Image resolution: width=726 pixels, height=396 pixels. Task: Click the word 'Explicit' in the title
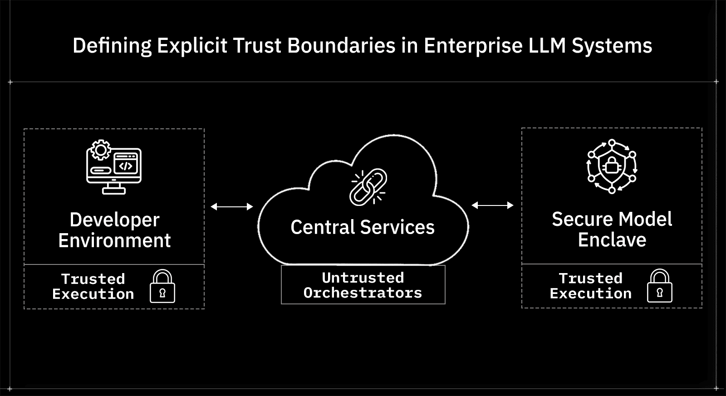pyautogui.click(x=192, y=46)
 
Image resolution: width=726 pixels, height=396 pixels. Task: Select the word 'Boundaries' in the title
pyautogui.click(x=341, y=46)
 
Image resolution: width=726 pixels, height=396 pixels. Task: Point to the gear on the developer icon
pyautogui.click(x=100, y=150)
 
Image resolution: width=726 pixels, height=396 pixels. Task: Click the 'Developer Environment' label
pyautogui.click(x=114, y=230)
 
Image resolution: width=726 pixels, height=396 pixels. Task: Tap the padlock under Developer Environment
pyautogui.click(x=162, y=286)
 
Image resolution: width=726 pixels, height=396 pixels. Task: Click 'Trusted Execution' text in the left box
pyautogui.click(x=93, y=286)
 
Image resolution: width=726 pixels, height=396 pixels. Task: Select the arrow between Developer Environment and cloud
pyautogui.click(x=231, y=206)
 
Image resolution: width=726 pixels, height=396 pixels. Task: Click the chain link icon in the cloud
pyautogui.click(x=368, y=186)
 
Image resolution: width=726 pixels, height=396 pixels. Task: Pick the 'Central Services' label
pyautogui.click(x=363, y=227)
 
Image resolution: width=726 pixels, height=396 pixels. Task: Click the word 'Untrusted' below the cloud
pyautogui.click(x=363, y=277)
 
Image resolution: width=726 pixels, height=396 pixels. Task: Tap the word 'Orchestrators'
pyautogui.click(x=363, y=293)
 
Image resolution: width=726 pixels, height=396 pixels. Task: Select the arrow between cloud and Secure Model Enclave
pyautogui.click(x=492, y=205)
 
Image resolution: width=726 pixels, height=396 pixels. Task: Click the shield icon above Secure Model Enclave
pyautogui.click(x=612, y=166)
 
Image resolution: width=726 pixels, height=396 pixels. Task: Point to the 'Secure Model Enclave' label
pyautogui.click(x=612, y=229)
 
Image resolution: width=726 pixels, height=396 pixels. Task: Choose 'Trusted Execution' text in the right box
pyautogui.click(x=590, y=286)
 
